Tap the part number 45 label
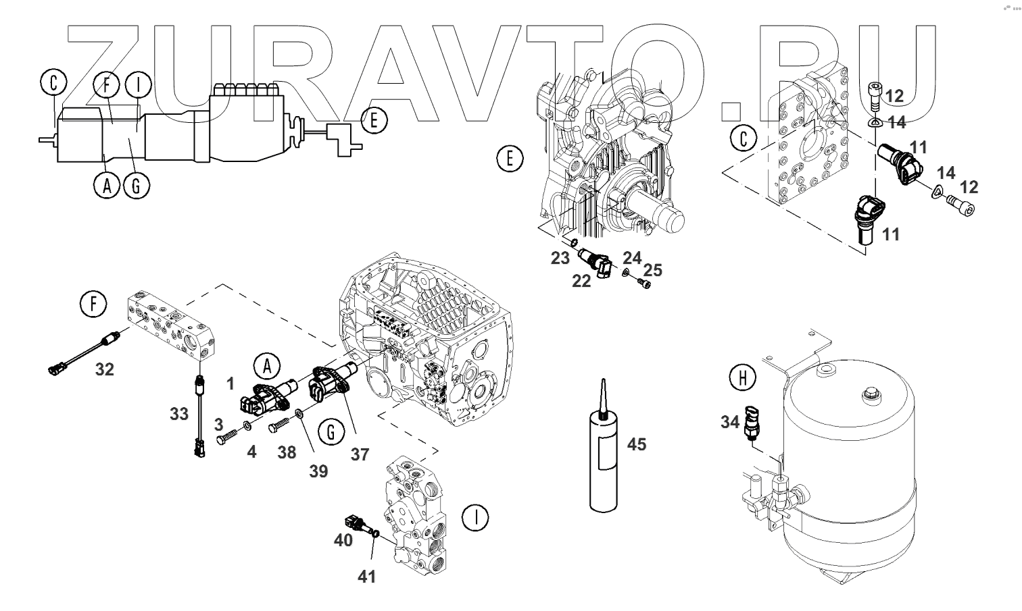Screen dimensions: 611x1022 point(637,445)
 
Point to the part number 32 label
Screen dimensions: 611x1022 point(104,369)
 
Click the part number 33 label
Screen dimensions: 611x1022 point(178,413)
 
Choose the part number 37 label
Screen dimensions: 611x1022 point(360,455)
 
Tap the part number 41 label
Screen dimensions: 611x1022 point(366,577)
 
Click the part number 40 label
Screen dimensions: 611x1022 point(343,541)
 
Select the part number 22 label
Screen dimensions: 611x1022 point(581,282)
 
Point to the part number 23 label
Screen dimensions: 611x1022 point(560,257)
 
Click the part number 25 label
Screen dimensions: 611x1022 point(652,271)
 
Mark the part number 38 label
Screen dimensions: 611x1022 point(287,452)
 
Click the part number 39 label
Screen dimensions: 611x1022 point(318,471)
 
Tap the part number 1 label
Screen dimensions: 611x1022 point(230,384)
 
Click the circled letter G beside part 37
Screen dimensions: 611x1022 point(331,432)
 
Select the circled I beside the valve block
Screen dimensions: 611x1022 point(476,518)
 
